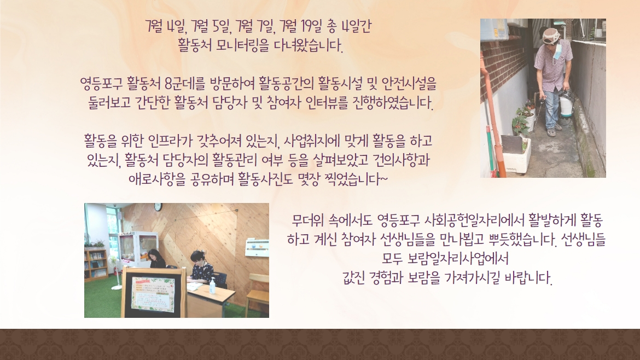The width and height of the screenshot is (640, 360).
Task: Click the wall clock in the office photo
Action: pos(158,207)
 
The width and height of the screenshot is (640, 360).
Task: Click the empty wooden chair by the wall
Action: pos(257,293)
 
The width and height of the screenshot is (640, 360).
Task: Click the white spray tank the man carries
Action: pos(566,104)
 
